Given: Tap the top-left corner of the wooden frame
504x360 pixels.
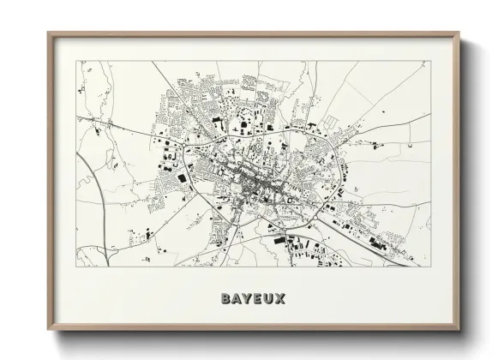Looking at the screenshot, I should pyautogui.click(x=48, y=33).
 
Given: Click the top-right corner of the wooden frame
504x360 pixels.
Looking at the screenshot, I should pyautogui.click(x=460, y=33).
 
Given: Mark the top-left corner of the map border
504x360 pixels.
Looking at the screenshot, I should pyautogui.click(x=76, y=61).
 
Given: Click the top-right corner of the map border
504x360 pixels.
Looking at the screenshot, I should pyautogui.click(x=431, y=61).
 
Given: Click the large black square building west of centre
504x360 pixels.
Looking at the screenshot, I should pyautogui.click(x=181, y=177).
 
